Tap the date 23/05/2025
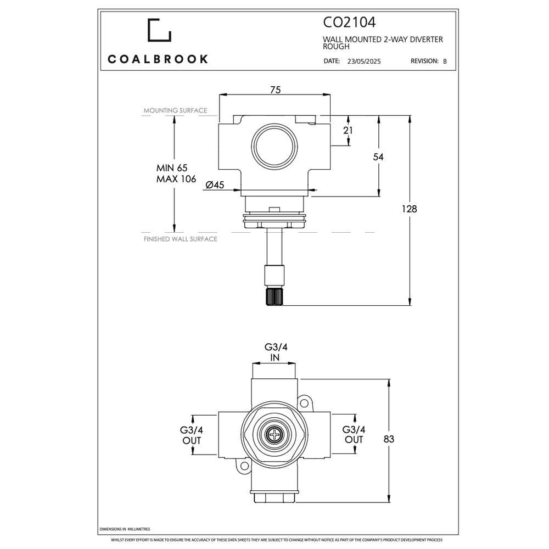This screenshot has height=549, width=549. click(363, 62)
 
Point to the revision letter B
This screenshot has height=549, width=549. click(445, 62)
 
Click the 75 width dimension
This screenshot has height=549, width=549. click(275, 90)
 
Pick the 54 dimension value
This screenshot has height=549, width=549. click(378, 157)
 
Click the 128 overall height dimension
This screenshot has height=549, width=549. click(409, 209)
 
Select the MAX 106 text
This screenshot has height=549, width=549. click(176, 180)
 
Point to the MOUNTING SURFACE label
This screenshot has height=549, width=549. click(175, 110)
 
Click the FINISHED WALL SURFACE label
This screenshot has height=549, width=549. click(180, 239)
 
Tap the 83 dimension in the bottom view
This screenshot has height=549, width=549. click(389, 439)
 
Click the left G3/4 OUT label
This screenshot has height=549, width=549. click(192, 435)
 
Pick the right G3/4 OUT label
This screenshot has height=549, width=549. click(354, 435)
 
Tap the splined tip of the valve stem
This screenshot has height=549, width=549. click(274, 297)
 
